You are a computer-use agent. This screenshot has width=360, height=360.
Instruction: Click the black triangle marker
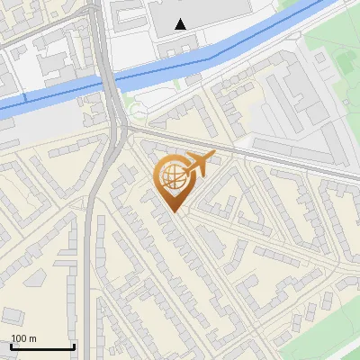click(x=182, y=24)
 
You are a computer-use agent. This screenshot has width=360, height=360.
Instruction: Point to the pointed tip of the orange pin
click(x=173, y=212)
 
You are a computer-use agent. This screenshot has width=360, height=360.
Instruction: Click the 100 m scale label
click(x=23, y=338)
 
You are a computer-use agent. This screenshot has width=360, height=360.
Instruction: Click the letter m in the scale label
click(x=32, y=338)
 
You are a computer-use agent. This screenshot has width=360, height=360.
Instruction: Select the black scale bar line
click(x=42, y=346)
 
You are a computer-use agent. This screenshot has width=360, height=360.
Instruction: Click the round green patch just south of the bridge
click(x=137, y=112)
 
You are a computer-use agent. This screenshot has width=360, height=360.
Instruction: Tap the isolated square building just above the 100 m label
click(x=13, y=315)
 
